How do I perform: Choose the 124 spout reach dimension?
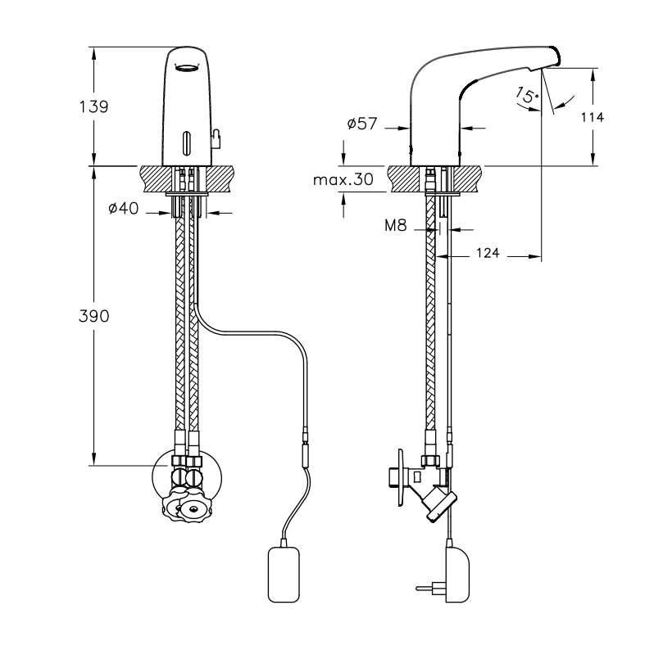[488, 255]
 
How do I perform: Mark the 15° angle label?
[526, 96]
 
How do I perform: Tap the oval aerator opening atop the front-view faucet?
[188, 67]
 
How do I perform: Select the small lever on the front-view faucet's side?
[216, 138]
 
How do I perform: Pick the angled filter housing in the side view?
[437, 502]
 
